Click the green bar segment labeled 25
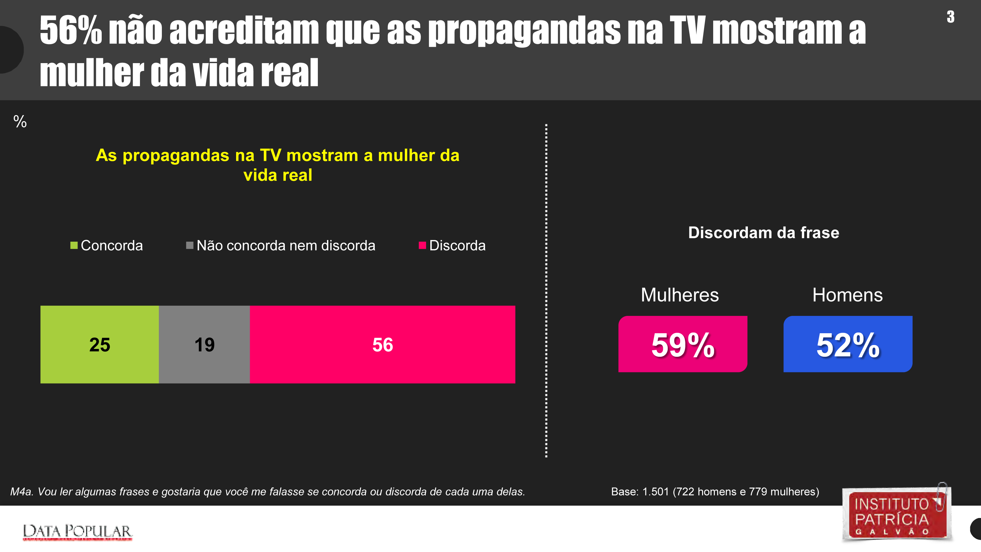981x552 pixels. coord(99,344)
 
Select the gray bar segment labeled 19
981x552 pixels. coord(204,344)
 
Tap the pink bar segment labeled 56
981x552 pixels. coord(382,344)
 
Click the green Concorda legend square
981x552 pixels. coord(74,245)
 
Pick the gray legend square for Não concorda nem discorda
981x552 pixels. coord(190,245)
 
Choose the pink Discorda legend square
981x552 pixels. coord(422,245)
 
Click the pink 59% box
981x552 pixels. coord(682,344)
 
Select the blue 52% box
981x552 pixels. coord(848,344)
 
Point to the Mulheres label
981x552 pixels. coord(680,295)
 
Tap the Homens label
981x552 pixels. coord(847,295)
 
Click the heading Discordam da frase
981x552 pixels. coord(764,233)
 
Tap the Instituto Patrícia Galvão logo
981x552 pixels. coord(897,514)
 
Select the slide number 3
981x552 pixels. coord(951,17)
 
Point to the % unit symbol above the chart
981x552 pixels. coord(20,122)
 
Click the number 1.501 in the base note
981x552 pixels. coord(655,492)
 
